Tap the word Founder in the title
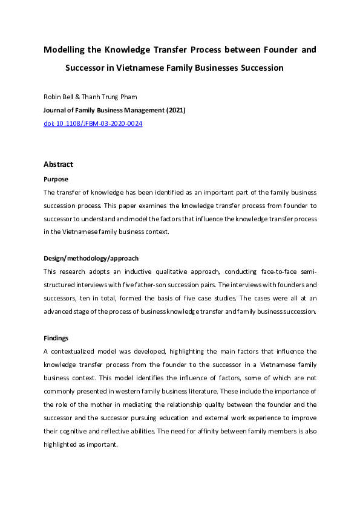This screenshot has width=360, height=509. [x=269, y=49]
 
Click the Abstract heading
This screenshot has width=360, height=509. [x=58, y=164]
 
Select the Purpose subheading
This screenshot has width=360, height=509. [x=56, y=179]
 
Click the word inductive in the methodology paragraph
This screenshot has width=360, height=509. [x=135, y=272]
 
